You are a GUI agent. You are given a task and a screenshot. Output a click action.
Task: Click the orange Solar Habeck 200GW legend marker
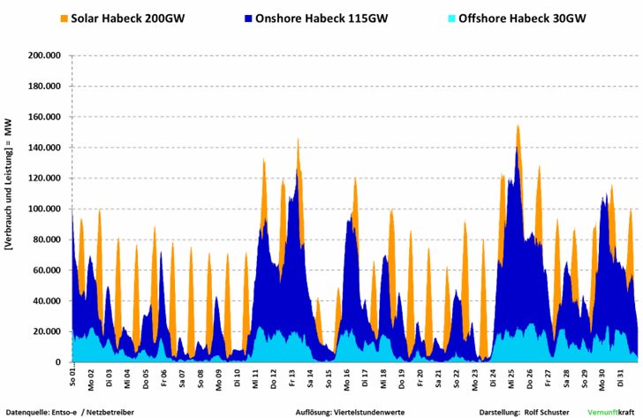(64, 18)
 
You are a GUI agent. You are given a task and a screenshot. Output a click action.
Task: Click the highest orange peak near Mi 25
(518, 126)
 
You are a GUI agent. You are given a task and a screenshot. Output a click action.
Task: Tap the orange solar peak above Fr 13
(298, 141)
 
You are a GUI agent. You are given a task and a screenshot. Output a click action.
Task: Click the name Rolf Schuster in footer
(545, 412)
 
